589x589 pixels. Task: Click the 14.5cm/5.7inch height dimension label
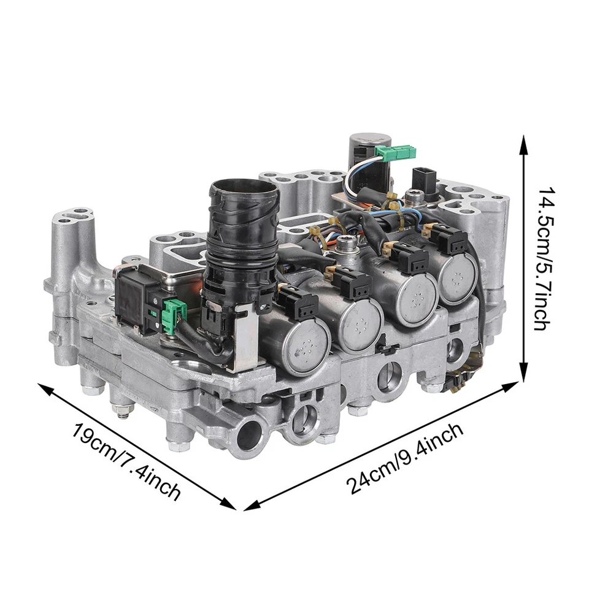point(544,260)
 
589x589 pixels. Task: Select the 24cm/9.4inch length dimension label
point(405,458)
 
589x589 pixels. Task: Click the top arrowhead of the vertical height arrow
point(523,143)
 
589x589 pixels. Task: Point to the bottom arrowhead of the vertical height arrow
point(523,375)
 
